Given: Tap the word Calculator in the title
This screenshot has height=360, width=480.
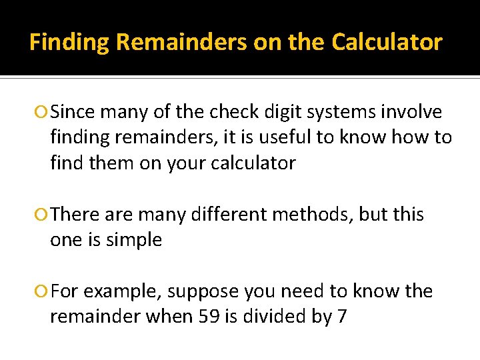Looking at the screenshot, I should (387, 43).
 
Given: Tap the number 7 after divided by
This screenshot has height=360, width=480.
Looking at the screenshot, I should (342, 316).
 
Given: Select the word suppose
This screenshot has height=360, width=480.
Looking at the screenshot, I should (204, 292).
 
